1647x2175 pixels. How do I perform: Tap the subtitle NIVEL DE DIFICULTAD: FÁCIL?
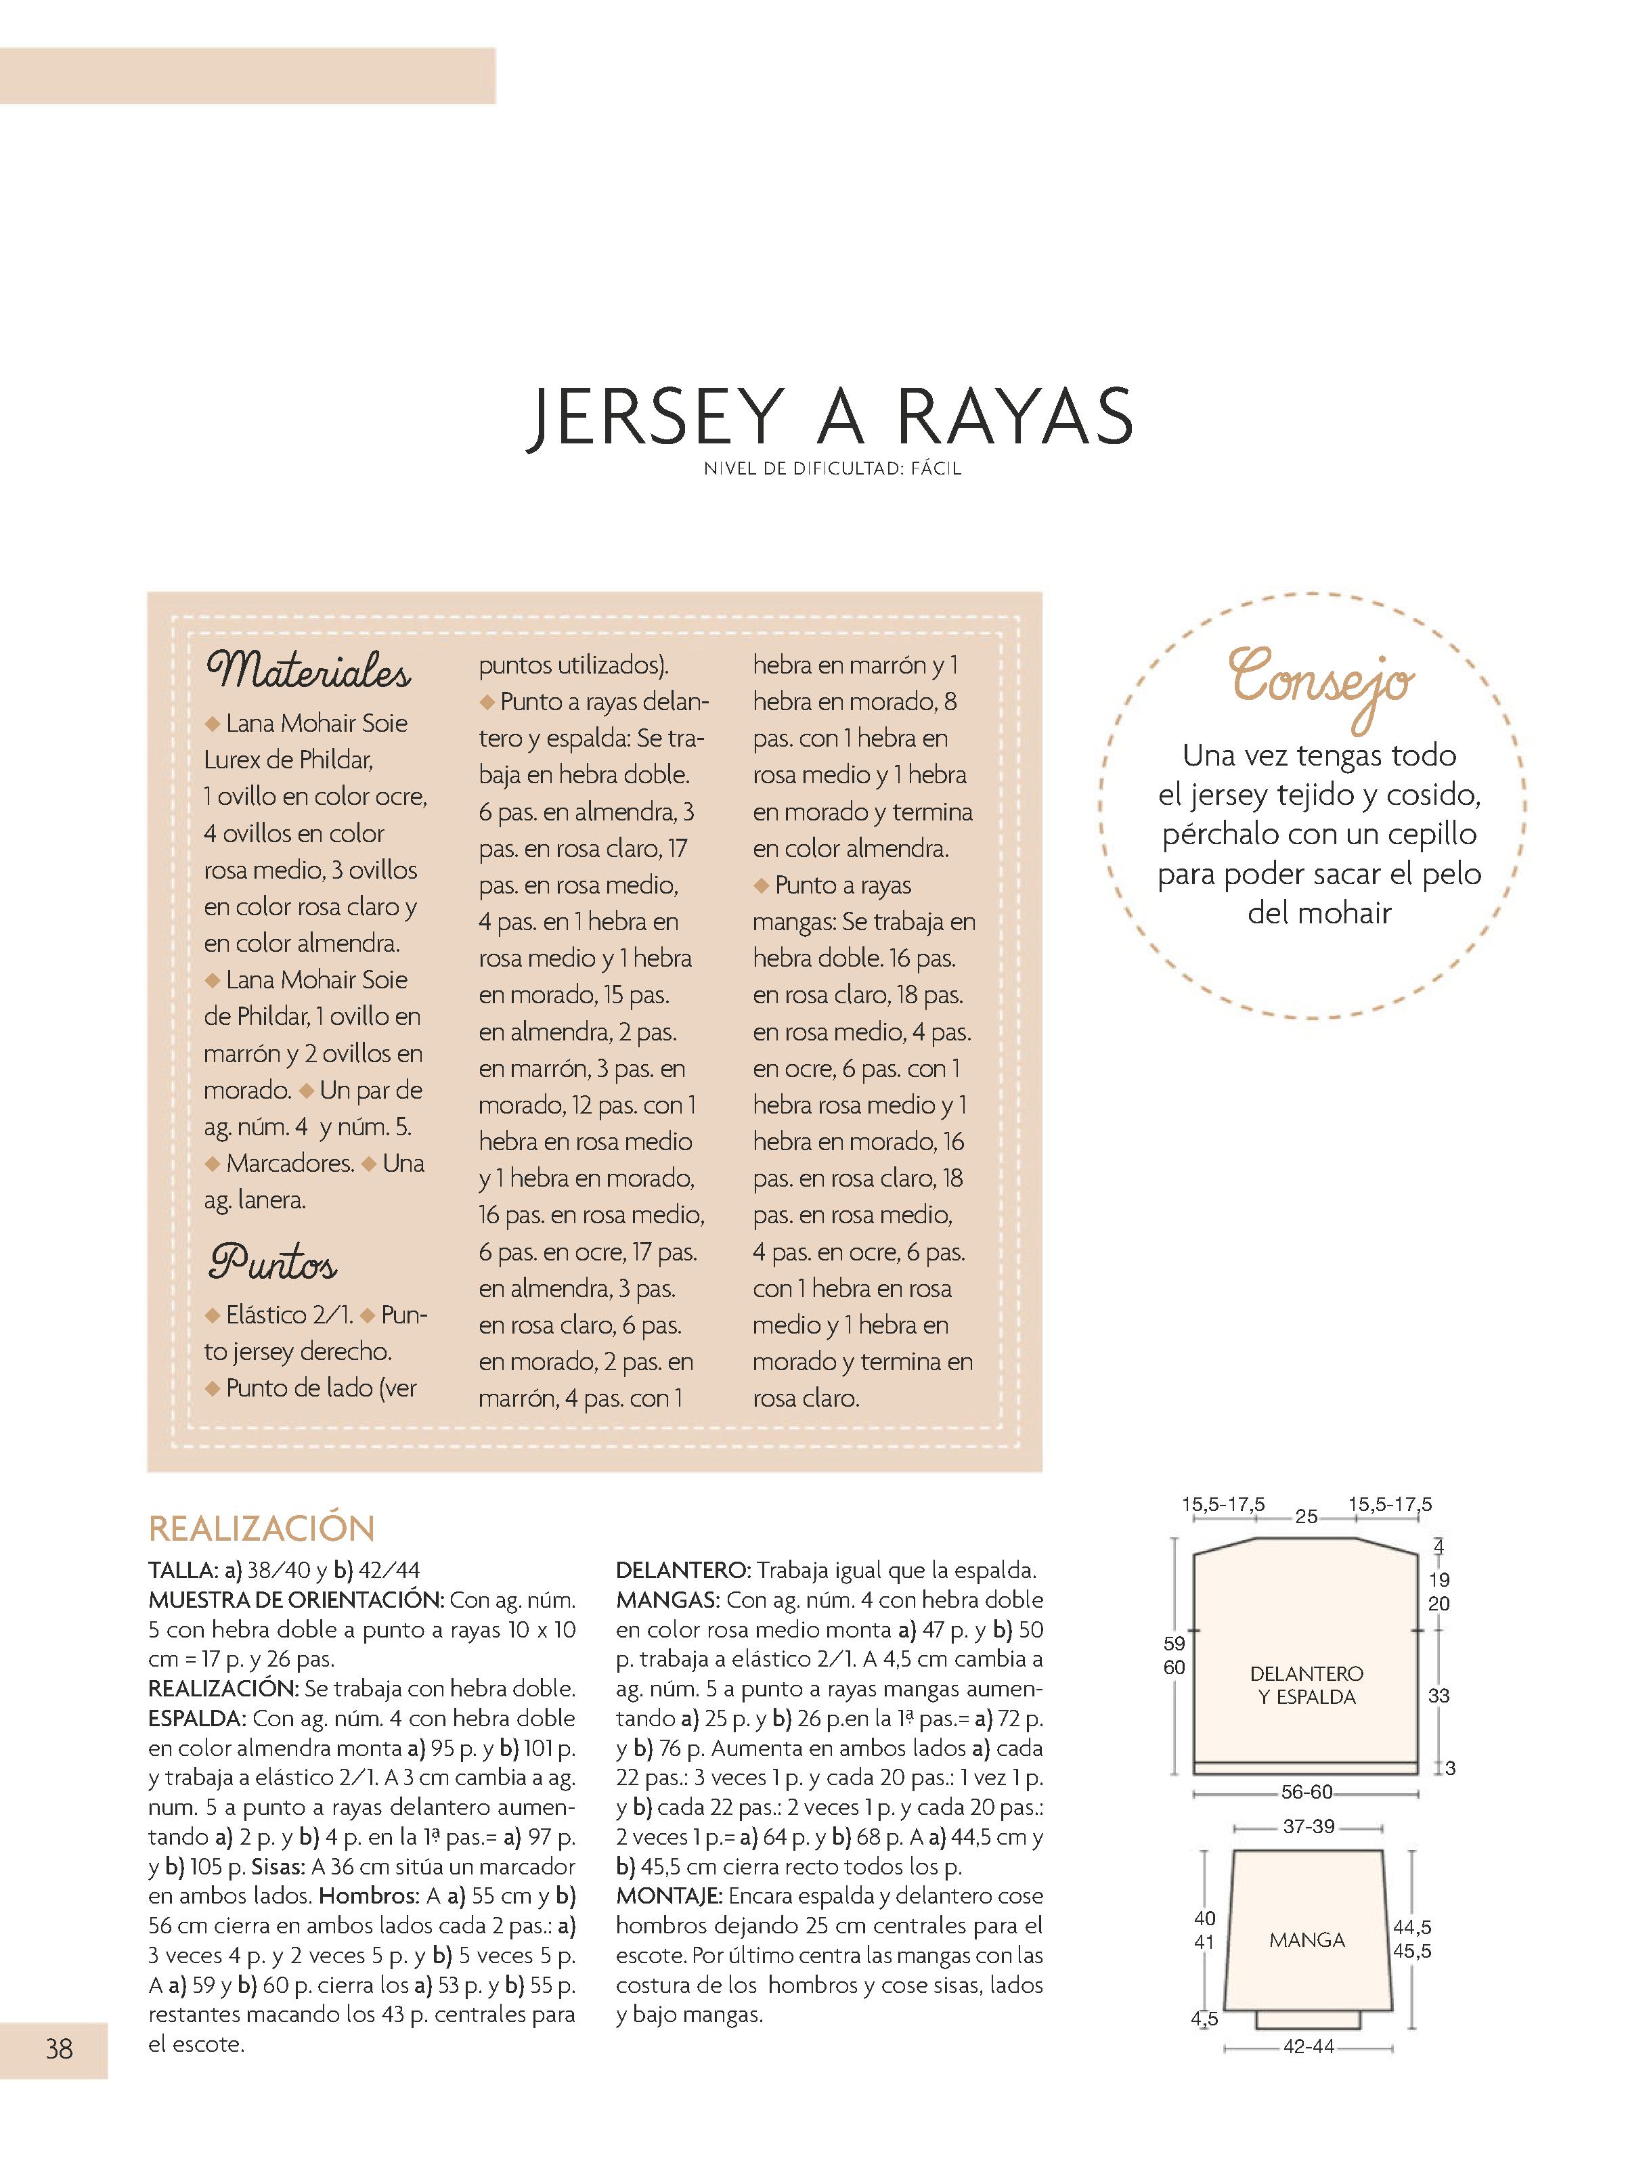[x=832, y=469]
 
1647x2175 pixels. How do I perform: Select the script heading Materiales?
[x=308, y=671]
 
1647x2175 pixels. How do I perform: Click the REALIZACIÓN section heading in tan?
[x=261, y=1528]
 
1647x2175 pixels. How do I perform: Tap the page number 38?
[x=59, y=2048]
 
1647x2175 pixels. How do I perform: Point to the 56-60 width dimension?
[x=1306, y=1792]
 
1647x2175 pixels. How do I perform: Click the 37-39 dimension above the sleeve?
[x=1308, y=1826]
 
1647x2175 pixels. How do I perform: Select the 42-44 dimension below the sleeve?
[x=1308, y=2046]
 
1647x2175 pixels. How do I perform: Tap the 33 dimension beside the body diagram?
[x=1439, y=1695]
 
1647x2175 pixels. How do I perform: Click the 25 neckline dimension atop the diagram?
[x=1306, y=1516]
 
